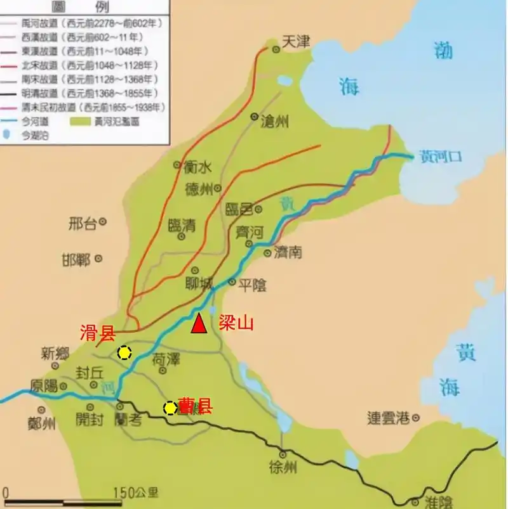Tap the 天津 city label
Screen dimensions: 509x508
click(295, 42)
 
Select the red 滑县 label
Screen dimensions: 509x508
click(97, 333)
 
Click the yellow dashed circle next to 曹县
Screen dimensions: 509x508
click(170, 408)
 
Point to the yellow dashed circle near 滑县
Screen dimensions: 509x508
click(124, 353)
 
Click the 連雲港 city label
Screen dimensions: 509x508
click(389, 418)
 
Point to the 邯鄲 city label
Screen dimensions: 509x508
click(76, 259)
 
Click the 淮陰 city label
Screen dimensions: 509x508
click(438, 501)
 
